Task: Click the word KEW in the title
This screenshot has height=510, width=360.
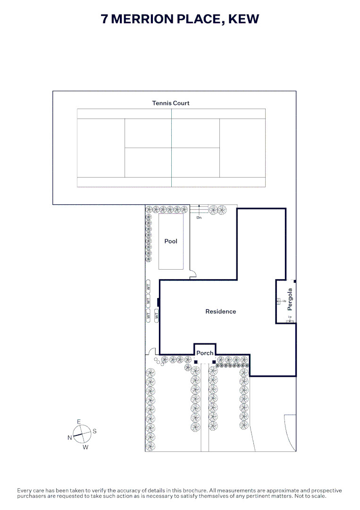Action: (x=243, y=19)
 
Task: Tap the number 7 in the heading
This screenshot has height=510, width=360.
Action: (x=104, y=19)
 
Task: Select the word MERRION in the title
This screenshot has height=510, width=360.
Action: (x=142, y=19)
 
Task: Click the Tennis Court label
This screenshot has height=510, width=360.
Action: (x=171, y=103)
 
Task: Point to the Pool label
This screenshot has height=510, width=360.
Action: (x=171, y=241)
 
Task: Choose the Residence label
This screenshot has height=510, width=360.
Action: (x=221, y=311)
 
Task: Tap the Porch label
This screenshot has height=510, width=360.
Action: (x=205, y=353)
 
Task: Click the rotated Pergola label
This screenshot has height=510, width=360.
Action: (x=290, y=299)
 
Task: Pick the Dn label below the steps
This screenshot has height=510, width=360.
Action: (x=199, y=217)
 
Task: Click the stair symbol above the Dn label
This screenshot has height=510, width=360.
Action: (x=199, y=209)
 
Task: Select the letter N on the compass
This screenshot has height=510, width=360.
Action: (x=69, y=437)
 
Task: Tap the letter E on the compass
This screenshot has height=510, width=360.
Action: (x=79, y=422)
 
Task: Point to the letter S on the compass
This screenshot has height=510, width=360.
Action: (x=94, y=431)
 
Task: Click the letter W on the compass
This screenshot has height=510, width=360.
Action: (x=85, y=447)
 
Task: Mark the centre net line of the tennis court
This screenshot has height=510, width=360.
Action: (x=172, y=148)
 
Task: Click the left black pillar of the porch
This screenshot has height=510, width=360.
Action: (x=196, y=362)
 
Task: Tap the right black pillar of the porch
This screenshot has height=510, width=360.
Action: (x=214, y=362)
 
